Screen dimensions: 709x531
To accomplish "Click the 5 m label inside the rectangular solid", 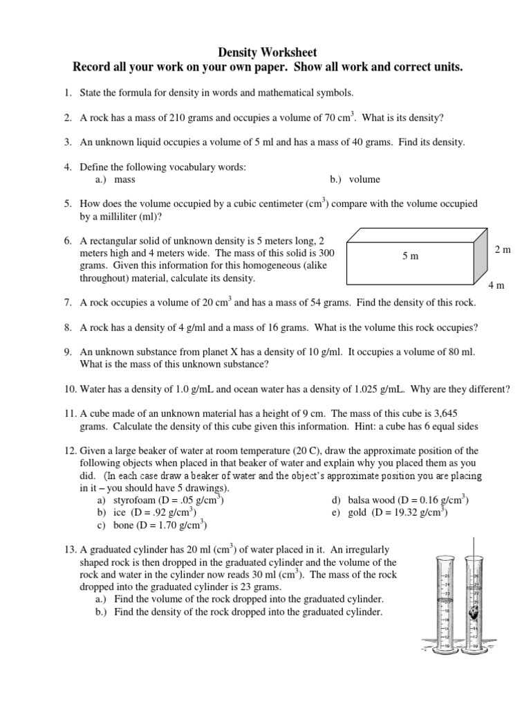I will pos(410,255).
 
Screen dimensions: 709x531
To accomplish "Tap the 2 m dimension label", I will pos(503,249).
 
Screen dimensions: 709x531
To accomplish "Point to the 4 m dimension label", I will pos(496,285).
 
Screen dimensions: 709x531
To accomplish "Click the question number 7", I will pos(68,303).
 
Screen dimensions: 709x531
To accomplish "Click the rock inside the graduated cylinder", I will pos(474,613).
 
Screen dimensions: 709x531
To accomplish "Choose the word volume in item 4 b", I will pos(364,179).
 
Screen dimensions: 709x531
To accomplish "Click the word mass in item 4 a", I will pos(124,179).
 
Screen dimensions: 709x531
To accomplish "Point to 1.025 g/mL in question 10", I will pos(402,388).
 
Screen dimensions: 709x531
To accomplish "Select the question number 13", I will pos(69,549).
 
